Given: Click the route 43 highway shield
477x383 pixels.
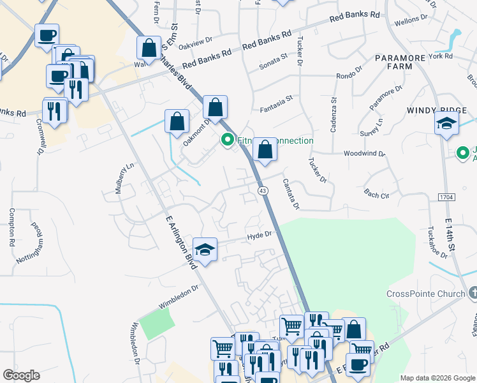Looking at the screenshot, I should pos(262,191).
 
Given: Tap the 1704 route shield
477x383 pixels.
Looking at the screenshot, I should pos(446,198).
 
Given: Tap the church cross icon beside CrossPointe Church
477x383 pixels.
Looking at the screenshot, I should pos(473,292).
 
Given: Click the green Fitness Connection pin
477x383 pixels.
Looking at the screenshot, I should pos(227,140).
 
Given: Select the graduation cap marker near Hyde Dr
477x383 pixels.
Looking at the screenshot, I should pos(205,251).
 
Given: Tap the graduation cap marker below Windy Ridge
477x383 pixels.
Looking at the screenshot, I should pos(447,124).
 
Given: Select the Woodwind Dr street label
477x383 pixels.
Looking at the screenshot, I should pos(364,154).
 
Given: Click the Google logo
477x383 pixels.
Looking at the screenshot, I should pos(21,375).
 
